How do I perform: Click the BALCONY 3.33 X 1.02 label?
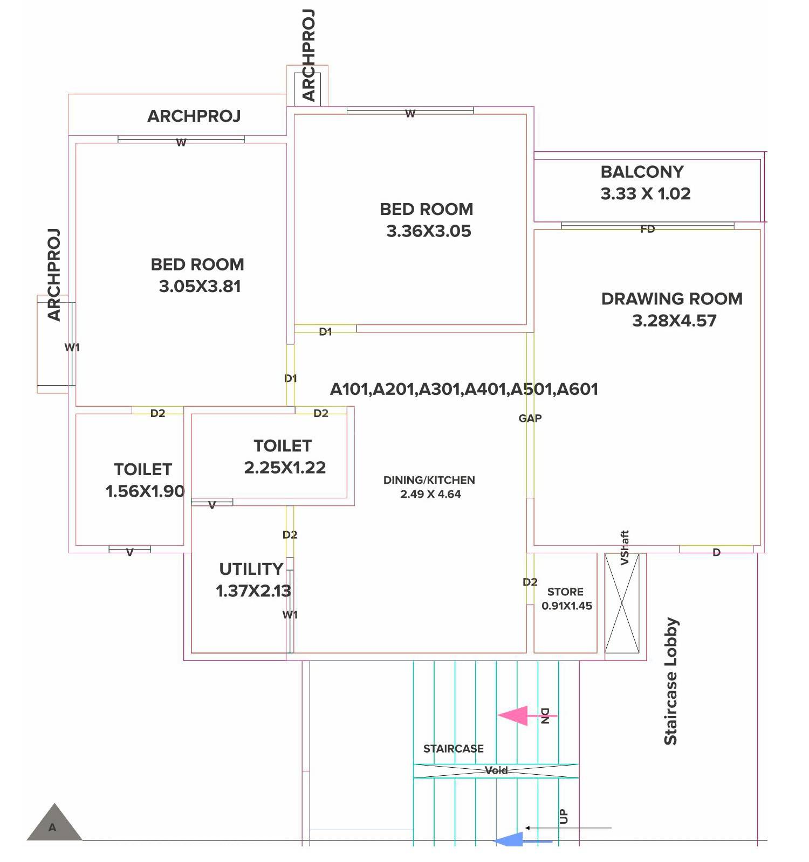(x=645, y=183)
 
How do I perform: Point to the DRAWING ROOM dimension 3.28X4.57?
(x=674, y=321)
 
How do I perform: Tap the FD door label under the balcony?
(x=647, y=229)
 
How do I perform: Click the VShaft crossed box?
(x=622, y=603)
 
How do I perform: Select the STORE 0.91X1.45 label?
(x=566, y=599)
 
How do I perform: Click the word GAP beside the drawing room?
(x=530, y=418)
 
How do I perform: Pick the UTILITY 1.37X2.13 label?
(x=252, y=580)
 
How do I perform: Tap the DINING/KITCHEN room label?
(x=429, y=480)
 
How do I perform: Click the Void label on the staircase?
(x=496, y=770)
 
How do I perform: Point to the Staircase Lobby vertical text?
(x=670, y=682)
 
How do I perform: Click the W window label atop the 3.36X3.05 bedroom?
(x=410, y=114)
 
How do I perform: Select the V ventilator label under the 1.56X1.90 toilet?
(x=129, y=552)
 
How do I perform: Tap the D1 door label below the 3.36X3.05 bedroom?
(x=325, y=332)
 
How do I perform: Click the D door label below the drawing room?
(x=716, y=552)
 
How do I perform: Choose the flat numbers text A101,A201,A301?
(x=464, y=389)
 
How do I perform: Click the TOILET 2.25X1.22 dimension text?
(x=285, y=468)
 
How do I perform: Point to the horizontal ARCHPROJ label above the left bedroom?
(x=194, y=116)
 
